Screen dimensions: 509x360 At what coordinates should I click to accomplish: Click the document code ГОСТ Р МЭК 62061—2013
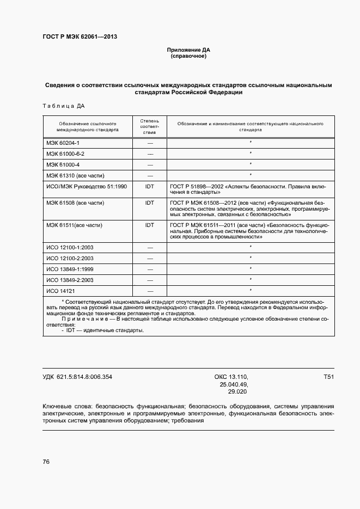tap(80, 37)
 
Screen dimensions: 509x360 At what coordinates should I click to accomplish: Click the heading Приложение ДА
tap(188, 50)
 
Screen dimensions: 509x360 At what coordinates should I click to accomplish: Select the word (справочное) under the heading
tap(188, 56)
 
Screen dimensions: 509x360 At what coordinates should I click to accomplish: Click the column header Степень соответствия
tap(150, 126)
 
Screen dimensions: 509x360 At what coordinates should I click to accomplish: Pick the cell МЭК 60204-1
tap(63, 143)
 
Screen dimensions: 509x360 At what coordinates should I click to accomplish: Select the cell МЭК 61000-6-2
tap(65, 154)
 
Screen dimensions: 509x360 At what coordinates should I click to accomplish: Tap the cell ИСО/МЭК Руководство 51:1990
tap(87, 186)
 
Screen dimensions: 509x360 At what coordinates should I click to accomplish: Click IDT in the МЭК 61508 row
tap(150, 203)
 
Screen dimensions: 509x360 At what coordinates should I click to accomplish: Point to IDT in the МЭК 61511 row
tap(150, 225)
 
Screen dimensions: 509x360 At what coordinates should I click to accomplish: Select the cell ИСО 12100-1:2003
tap(70, 247)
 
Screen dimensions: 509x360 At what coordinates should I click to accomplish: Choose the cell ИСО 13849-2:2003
tap(70, 280)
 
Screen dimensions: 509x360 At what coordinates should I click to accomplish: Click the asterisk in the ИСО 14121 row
tap(250, 291)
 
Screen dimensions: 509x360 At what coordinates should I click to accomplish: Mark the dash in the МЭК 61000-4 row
tap(150, 164)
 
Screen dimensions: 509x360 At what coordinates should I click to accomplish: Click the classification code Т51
tap(328, 377)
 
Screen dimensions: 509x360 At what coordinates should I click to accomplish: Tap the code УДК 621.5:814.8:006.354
tap(77, 377)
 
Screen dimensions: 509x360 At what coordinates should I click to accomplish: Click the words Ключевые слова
tap(66, 406)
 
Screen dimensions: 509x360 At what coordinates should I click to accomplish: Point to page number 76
tap(46, 462)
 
